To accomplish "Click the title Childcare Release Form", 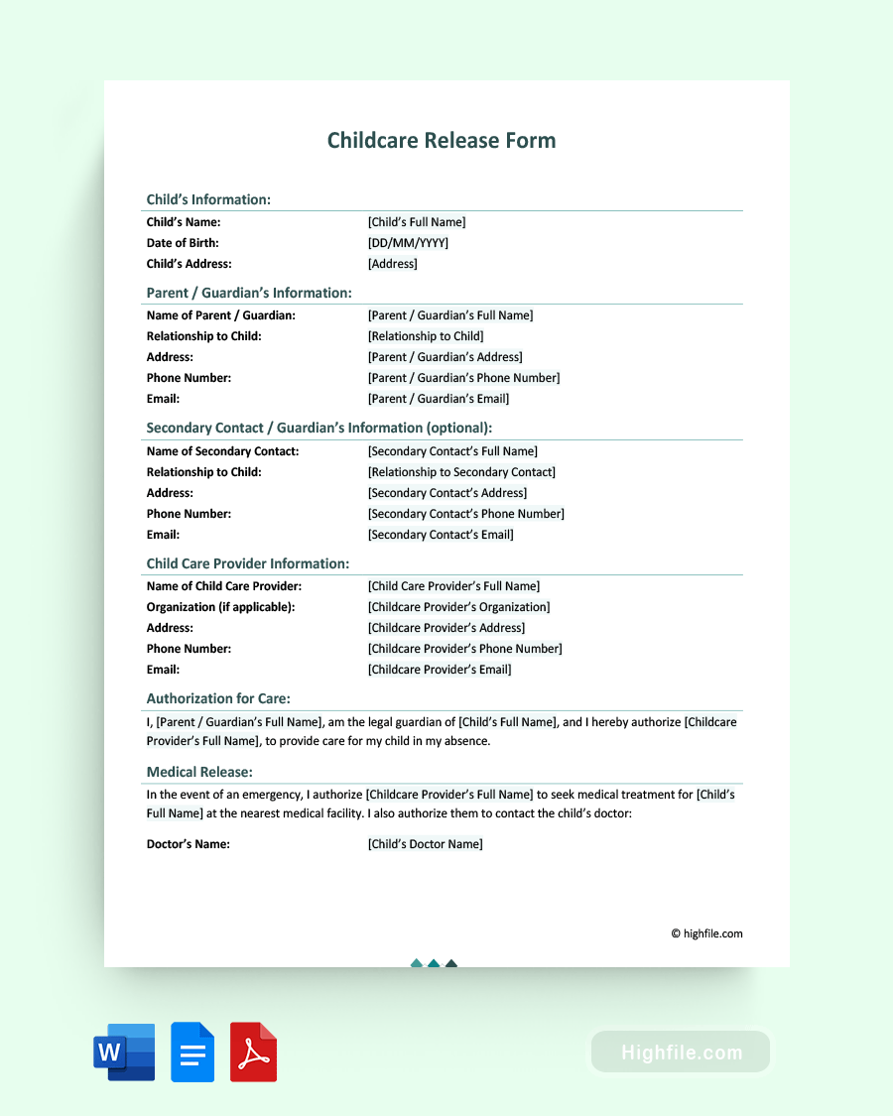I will [442, 141].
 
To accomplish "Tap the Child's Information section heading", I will [208, 199].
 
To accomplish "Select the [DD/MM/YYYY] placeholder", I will [408, 243].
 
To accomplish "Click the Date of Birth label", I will [183, 243].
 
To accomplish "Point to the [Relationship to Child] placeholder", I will [426, 336].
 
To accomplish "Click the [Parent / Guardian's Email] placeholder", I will [439, 399].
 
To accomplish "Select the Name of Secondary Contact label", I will [222, 451].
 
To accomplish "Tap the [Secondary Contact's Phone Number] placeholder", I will [466, 514].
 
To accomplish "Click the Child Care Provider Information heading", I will [248, 563].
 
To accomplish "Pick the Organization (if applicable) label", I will [220, 607].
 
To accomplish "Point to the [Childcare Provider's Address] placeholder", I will [446, 628].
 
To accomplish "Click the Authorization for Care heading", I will [218, 698].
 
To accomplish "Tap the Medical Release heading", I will [199, 772].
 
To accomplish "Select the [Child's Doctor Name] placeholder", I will [426, 844].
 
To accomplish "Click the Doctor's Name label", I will [189, 844].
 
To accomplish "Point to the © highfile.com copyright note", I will [706, 933].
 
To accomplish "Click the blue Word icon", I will [124, 1052].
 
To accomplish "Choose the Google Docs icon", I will [192, 1052].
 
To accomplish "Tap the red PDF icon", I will [253, 1052].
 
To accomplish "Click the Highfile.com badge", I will [681, 1052].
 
